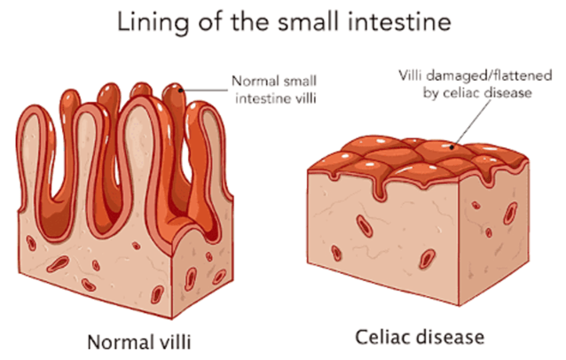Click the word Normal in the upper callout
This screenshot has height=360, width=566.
pyautogui.click(x=252, y=81)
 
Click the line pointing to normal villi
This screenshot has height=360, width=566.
pyautogui.click(x=208, y=89)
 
